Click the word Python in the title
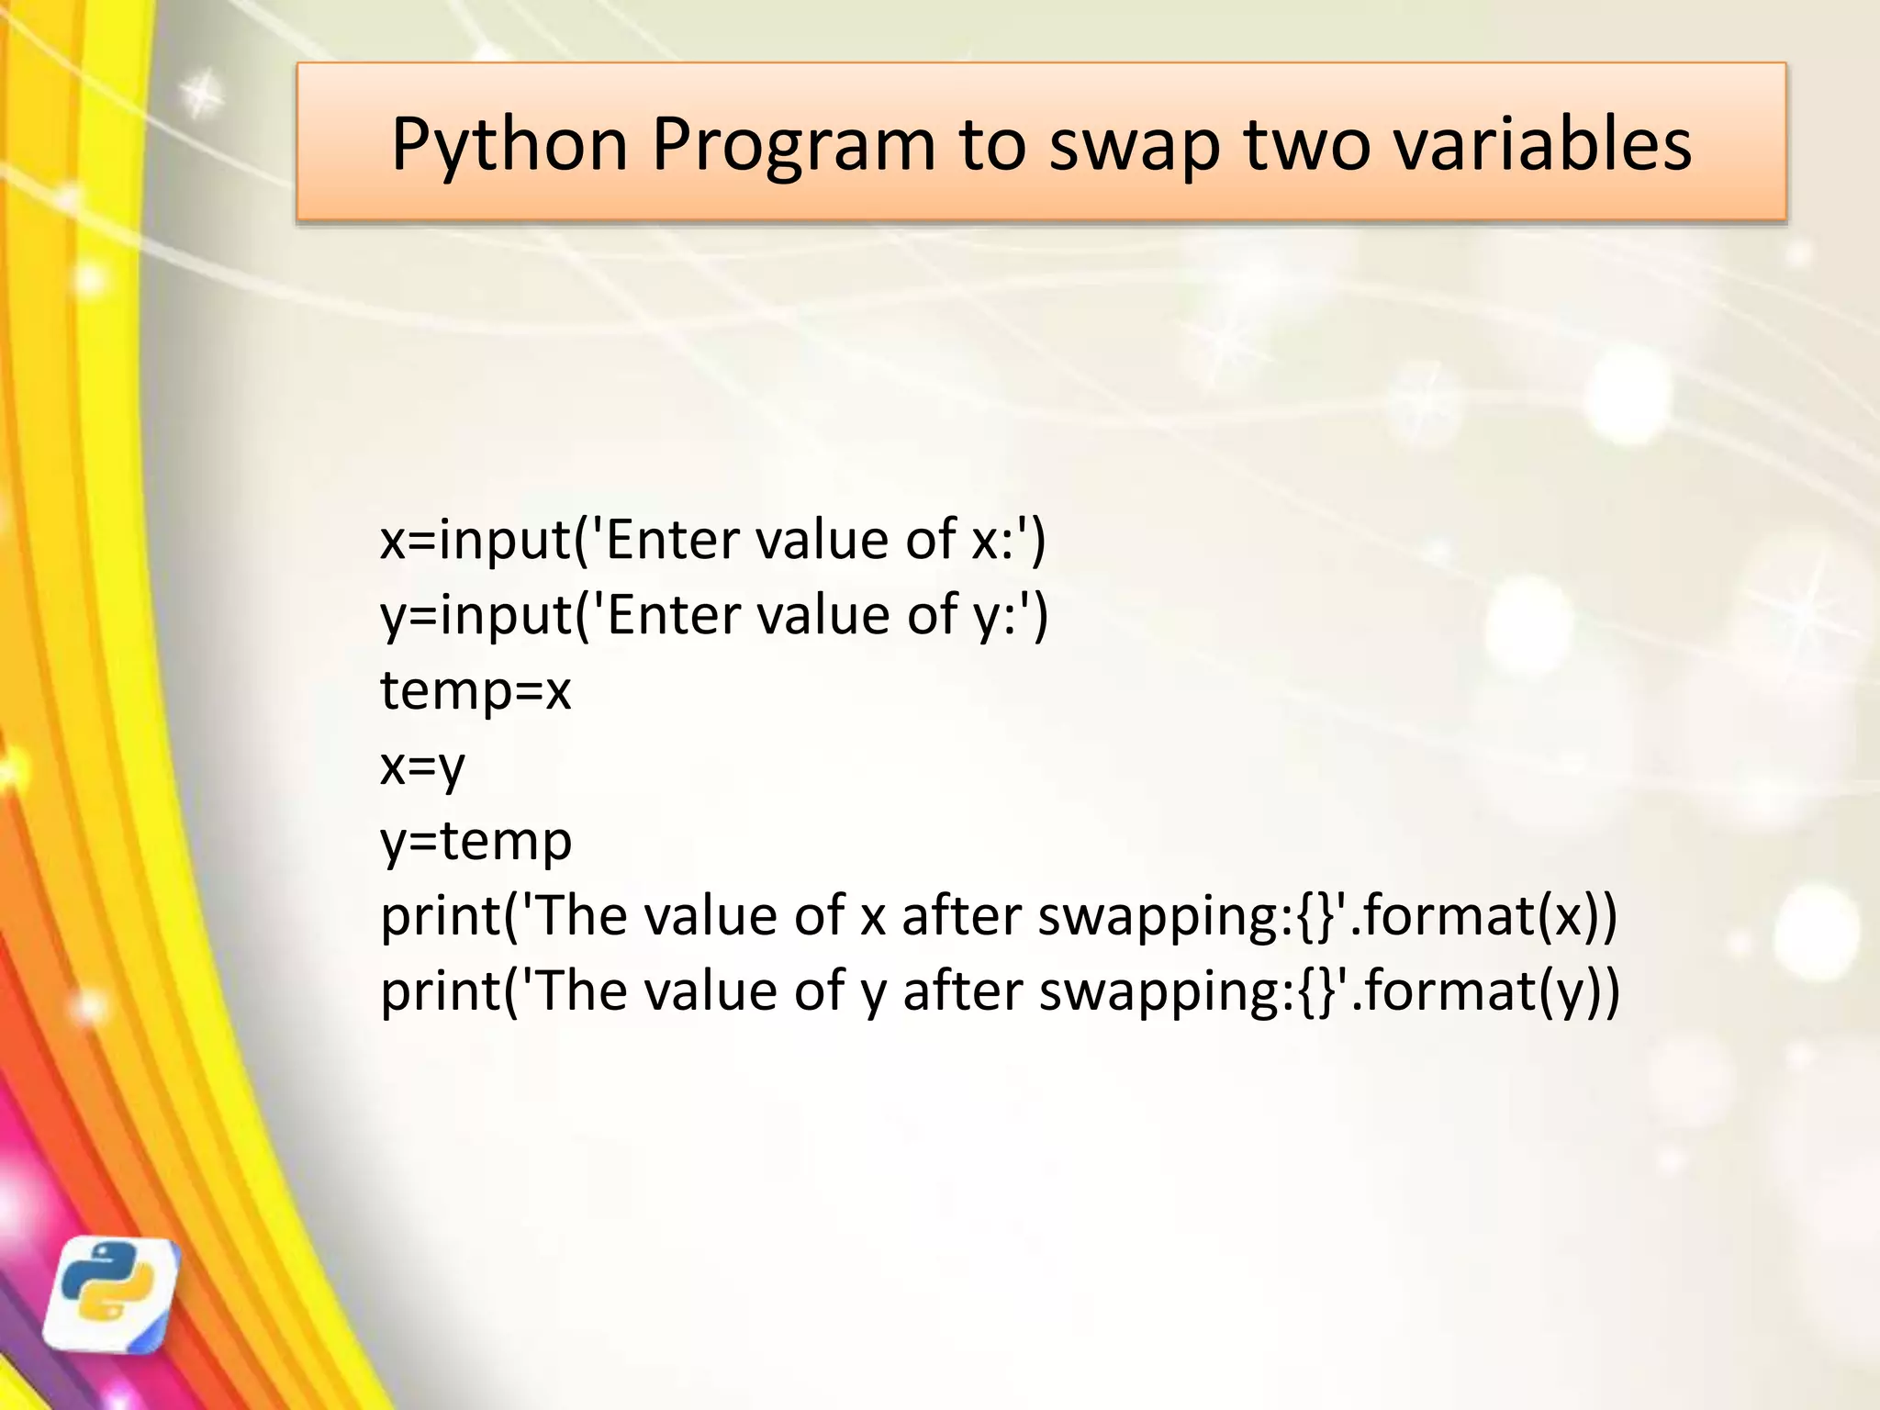(x=509, y=145)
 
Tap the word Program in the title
(x=793, y=145)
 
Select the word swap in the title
(x=1135, y=145)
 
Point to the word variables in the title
(x=1542, y=145)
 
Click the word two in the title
(x=1307, y=145)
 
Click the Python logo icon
(x=112, y=1294)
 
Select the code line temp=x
(x=476, y=690)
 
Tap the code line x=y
(x=422, y=766)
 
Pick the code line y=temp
(x=476, y=841)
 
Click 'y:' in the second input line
(x=993, y=615)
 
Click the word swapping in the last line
(x=1166, y=993)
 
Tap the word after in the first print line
(x=960, y=916)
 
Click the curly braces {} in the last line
(x=1315, y=991)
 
